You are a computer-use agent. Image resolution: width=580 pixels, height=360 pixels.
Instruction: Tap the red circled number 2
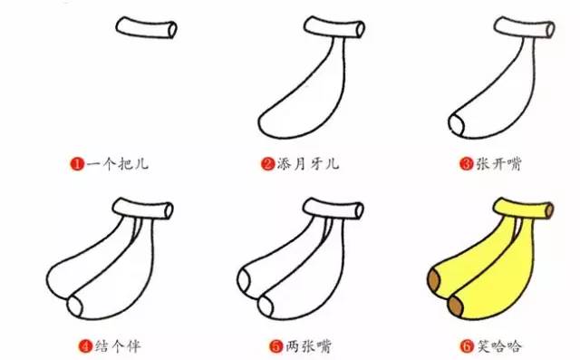click(268, 164)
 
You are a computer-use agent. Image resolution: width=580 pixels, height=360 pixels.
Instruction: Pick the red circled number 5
click(274, 345)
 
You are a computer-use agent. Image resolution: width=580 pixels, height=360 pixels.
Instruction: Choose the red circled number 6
click(467, 345)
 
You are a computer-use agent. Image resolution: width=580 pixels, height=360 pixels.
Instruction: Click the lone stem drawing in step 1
click(147, 30)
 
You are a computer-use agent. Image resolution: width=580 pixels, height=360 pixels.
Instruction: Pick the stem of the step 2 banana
click(334, 30)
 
